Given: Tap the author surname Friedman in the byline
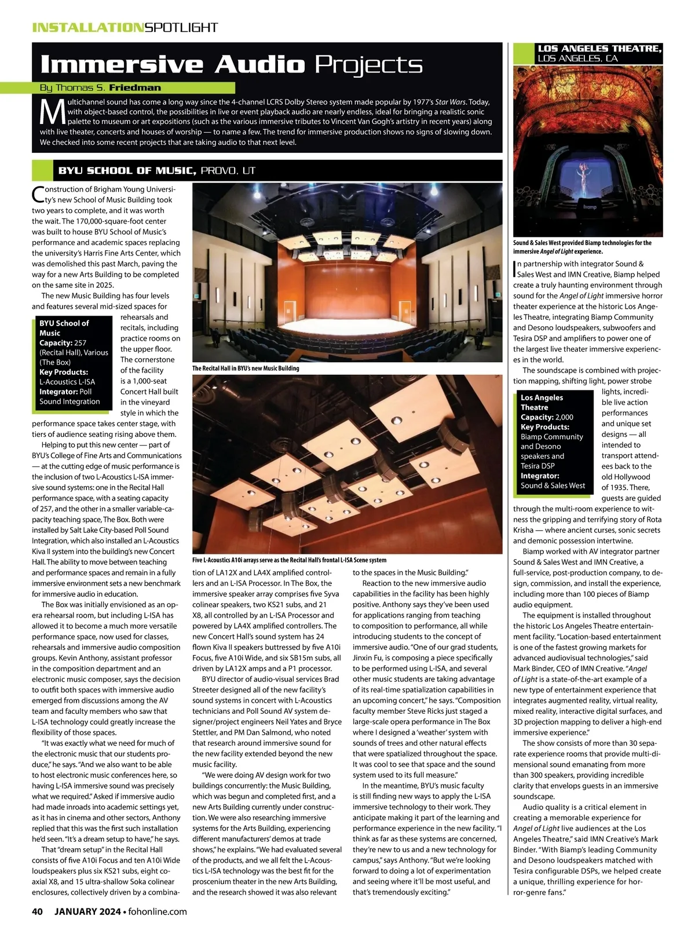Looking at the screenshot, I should tap(135, 88).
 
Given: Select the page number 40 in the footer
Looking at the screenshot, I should tap(38, 911).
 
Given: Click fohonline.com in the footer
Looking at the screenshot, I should tap(157, 911).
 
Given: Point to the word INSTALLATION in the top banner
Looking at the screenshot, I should tap(87, 27).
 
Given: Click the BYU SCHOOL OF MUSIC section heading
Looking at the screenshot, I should tap(127, 170).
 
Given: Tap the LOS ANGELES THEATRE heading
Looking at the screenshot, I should tap(600, 49).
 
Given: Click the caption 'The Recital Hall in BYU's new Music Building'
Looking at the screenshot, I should tap(246, 368).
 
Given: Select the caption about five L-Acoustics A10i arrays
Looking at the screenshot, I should tap(289, 560).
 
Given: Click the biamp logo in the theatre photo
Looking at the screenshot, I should tap(590, 207).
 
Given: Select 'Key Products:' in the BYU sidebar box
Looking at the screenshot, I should tap(64, 372).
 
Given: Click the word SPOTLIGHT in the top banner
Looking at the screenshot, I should tap(181, 27).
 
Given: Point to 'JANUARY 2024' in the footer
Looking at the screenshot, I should tap(87, 911).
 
